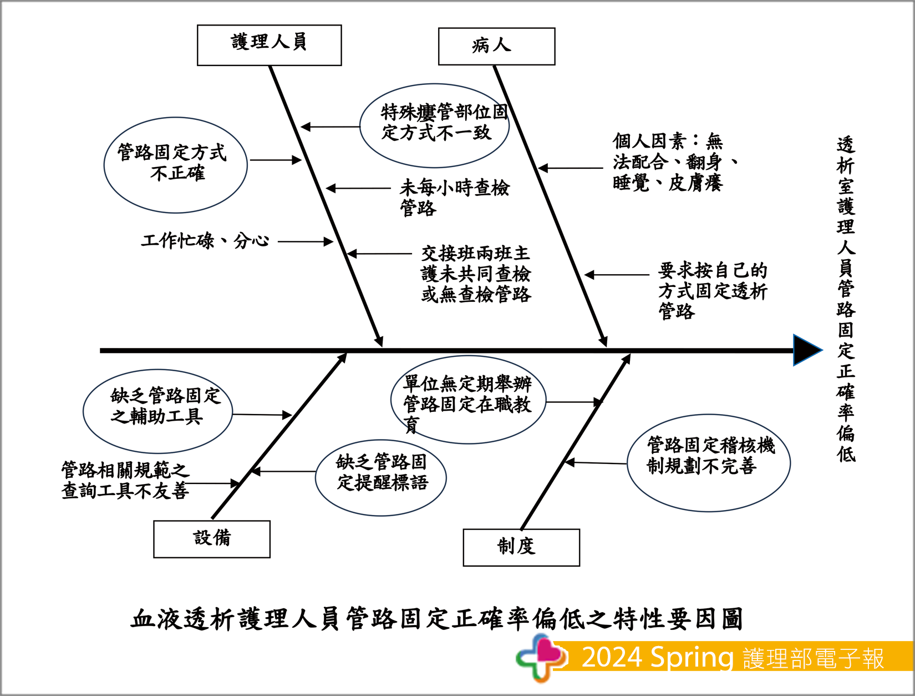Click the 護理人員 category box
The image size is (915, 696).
pyautogui.click(x=269, y=45)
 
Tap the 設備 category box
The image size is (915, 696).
pyautogui.click(x=211, y=539)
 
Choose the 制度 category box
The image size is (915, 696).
pyautogui.click(x=521, y=547)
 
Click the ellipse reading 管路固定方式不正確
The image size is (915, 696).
pyautogui.click(x=175, y=165)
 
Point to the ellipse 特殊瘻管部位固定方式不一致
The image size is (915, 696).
pyautogui.click(x=435, y=125)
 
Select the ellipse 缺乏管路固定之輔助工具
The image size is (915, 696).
pyautogui.click(x=157, y=411)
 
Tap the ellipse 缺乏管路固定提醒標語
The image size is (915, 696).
pyautogui.click(x=381, y=477)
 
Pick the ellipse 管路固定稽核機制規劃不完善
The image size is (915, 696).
pyautogui.click(x=708, y=462)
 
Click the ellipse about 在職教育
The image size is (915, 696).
pyautogui.click(x=468, y=400)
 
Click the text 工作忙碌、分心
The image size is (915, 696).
pyautogui.click(x=205, y=241)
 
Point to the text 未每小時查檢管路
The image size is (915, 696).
pyautogui.click(x=454, y=197)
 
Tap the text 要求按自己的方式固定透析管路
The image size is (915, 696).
pyautogui.click(x=712, y=290)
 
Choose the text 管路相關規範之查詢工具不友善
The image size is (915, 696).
pyautogui.click(x=125, y=480)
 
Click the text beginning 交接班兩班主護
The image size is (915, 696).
pyautogui.click(x=476, y=274)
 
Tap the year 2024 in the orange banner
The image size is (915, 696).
pyautogui.click(x=612, y=657)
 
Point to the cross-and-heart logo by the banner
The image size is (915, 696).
pyautogui.click(x=540, y=657)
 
